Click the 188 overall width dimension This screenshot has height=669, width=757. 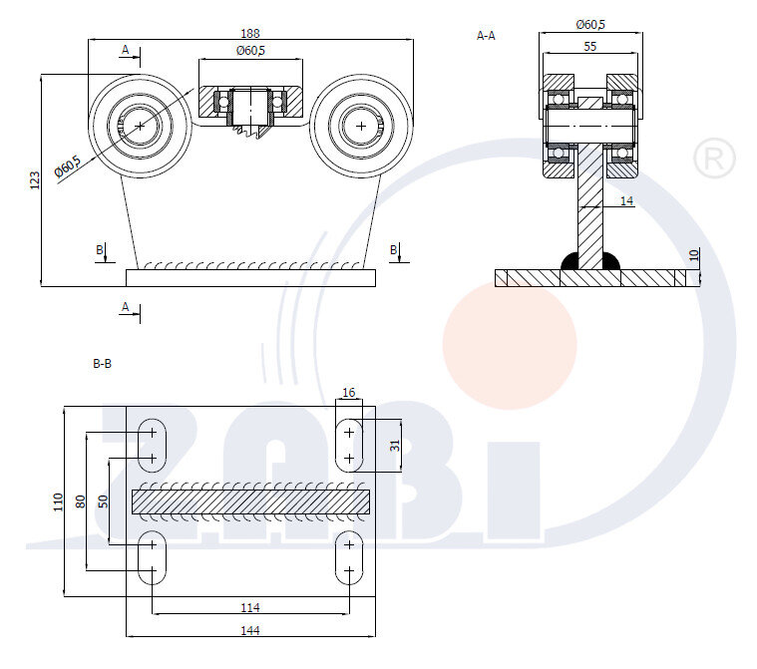[250, 33]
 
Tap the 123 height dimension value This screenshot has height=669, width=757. [34, 179]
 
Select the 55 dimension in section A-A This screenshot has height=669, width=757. [590, 46]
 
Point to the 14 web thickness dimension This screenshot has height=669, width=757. [626, 200]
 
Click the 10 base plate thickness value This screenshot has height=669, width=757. [694, 256]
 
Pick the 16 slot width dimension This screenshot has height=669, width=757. [348, 393]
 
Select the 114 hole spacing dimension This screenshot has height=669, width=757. [250, 607]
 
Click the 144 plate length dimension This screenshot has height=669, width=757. [250, 630]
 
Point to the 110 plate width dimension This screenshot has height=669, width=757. [58, 501]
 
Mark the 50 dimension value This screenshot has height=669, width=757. [104, 501]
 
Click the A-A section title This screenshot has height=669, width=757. [486, 35]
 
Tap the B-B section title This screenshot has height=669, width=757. [102, 364]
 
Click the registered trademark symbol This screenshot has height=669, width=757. [713, 159]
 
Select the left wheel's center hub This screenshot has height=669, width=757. [141, 126]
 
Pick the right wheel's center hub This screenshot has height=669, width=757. [361, 126]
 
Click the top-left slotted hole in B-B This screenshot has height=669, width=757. [152, 445]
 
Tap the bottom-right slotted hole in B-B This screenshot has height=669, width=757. [349, 558]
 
